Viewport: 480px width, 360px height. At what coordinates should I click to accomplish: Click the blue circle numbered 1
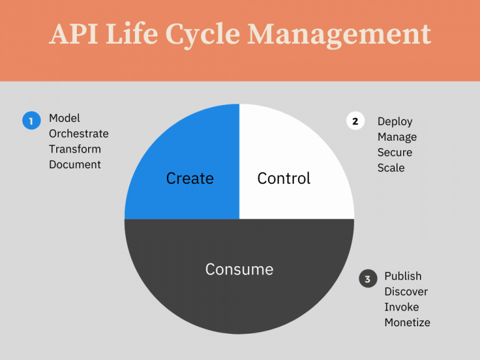pos(31,120)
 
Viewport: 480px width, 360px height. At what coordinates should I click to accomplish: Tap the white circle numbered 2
pos(355,121)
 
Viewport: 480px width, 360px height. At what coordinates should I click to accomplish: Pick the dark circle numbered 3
pos(368,279)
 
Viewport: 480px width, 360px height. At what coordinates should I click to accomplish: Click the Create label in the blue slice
pos(190,179)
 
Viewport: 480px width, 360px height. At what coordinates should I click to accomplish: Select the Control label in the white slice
pos(284,179)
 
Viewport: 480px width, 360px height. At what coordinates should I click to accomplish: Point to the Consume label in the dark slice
pos(239,269)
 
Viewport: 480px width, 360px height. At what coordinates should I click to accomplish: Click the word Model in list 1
pos(64,118)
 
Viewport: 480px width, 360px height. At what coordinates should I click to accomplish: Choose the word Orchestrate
pos(79,134)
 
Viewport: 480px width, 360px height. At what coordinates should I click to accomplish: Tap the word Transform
pos(75,149)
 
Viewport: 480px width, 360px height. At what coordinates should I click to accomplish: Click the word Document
pos(75,165)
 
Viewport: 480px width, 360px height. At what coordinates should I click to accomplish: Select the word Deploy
pos(395,122)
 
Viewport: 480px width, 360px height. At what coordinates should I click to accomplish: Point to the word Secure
pos(395,152)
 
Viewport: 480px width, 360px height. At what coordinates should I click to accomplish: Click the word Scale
pos(391,168)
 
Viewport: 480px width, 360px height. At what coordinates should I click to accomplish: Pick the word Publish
pos(403,276)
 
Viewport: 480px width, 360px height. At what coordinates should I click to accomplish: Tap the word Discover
pos(406,292)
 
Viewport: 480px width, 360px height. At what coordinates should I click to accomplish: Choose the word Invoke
pos(402,307)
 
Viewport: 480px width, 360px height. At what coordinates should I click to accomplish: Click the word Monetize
pos(407,323)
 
